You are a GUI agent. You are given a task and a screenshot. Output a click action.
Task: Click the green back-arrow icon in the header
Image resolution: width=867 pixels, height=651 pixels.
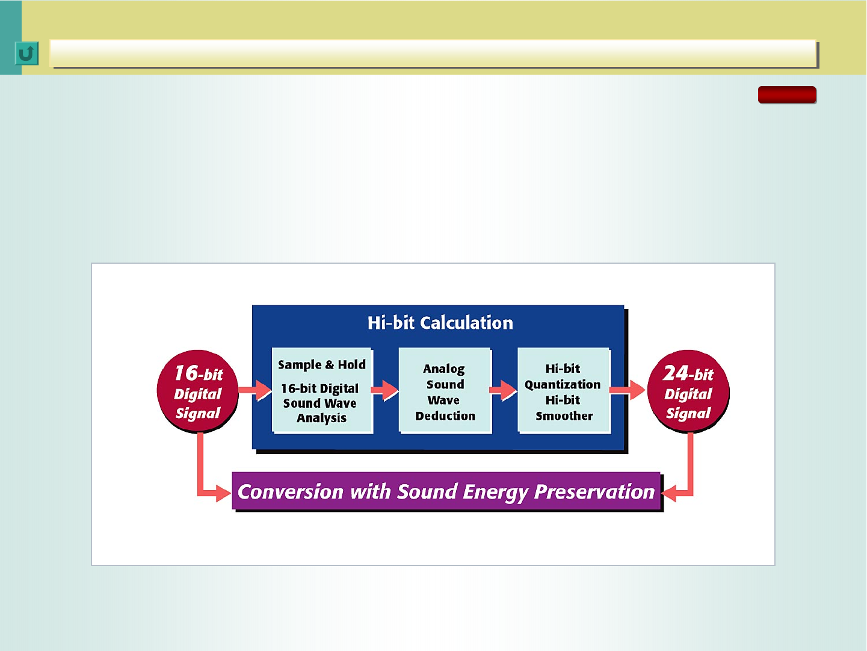(27, 54)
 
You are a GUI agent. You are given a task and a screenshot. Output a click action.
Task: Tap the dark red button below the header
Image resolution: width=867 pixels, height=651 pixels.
(787, 95)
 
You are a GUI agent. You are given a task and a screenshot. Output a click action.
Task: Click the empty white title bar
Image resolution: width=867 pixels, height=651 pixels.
(433, 53)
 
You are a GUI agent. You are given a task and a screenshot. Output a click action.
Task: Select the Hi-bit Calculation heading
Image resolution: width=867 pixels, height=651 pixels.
(440, 323)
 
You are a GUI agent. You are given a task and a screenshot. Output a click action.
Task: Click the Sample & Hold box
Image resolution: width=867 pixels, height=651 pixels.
(322, 390)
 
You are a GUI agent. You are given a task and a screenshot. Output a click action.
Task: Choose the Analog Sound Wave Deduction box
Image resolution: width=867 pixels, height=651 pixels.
(445, 390)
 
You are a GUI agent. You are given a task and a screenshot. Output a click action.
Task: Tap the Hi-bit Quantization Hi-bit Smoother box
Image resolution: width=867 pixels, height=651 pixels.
(564, 390)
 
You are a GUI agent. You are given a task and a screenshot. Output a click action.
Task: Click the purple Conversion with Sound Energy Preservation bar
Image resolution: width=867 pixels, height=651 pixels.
(446, 491)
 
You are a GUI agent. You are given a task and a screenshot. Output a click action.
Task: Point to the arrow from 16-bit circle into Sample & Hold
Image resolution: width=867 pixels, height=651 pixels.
(255, 390)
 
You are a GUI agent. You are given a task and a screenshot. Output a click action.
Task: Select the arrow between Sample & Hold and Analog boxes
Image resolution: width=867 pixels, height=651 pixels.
(384, 390)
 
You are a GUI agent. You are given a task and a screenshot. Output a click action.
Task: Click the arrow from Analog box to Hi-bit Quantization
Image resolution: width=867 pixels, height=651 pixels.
(503, 390)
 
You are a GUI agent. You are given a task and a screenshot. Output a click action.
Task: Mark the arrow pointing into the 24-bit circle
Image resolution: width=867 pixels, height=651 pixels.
(628, 390)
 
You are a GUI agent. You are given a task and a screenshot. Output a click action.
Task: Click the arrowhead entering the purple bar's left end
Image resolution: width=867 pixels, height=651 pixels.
(224, 493)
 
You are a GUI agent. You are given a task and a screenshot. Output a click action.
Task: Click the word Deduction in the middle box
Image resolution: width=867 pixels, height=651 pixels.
(445, 416)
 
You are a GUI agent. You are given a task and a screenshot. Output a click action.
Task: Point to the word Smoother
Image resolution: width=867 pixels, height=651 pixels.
(564, 416)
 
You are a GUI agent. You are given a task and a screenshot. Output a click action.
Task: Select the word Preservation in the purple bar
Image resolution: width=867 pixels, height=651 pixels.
(594, 491)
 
